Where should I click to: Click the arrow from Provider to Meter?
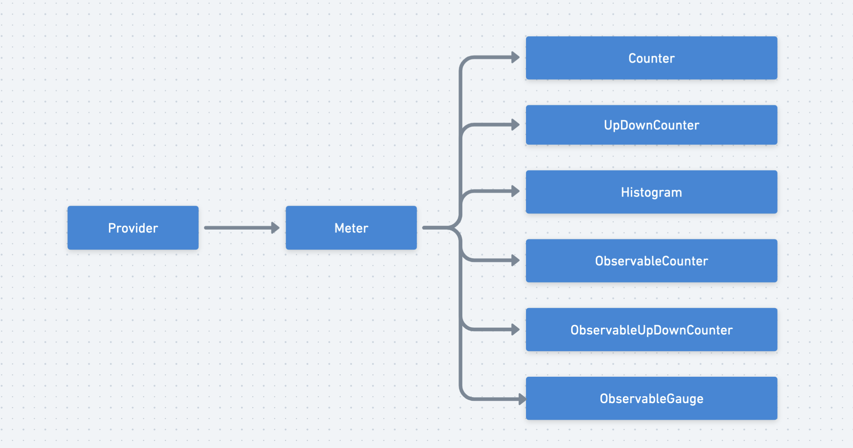[237, 228]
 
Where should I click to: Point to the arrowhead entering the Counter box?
[515, 58]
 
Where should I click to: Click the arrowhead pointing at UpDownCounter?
[515, 125]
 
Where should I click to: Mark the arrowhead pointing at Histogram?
[515, 191]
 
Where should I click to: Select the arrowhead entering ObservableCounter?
[515, 260]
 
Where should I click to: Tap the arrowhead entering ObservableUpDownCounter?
[515, 330]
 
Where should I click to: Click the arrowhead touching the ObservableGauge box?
[522, 399]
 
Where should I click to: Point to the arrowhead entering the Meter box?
[275, 228]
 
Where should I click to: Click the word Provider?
[133, 228]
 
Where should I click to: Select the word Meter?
[351, 228]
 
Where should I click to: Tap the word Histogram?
[651, 192]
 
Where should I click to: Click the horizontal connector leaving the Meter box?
[435, 228]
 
